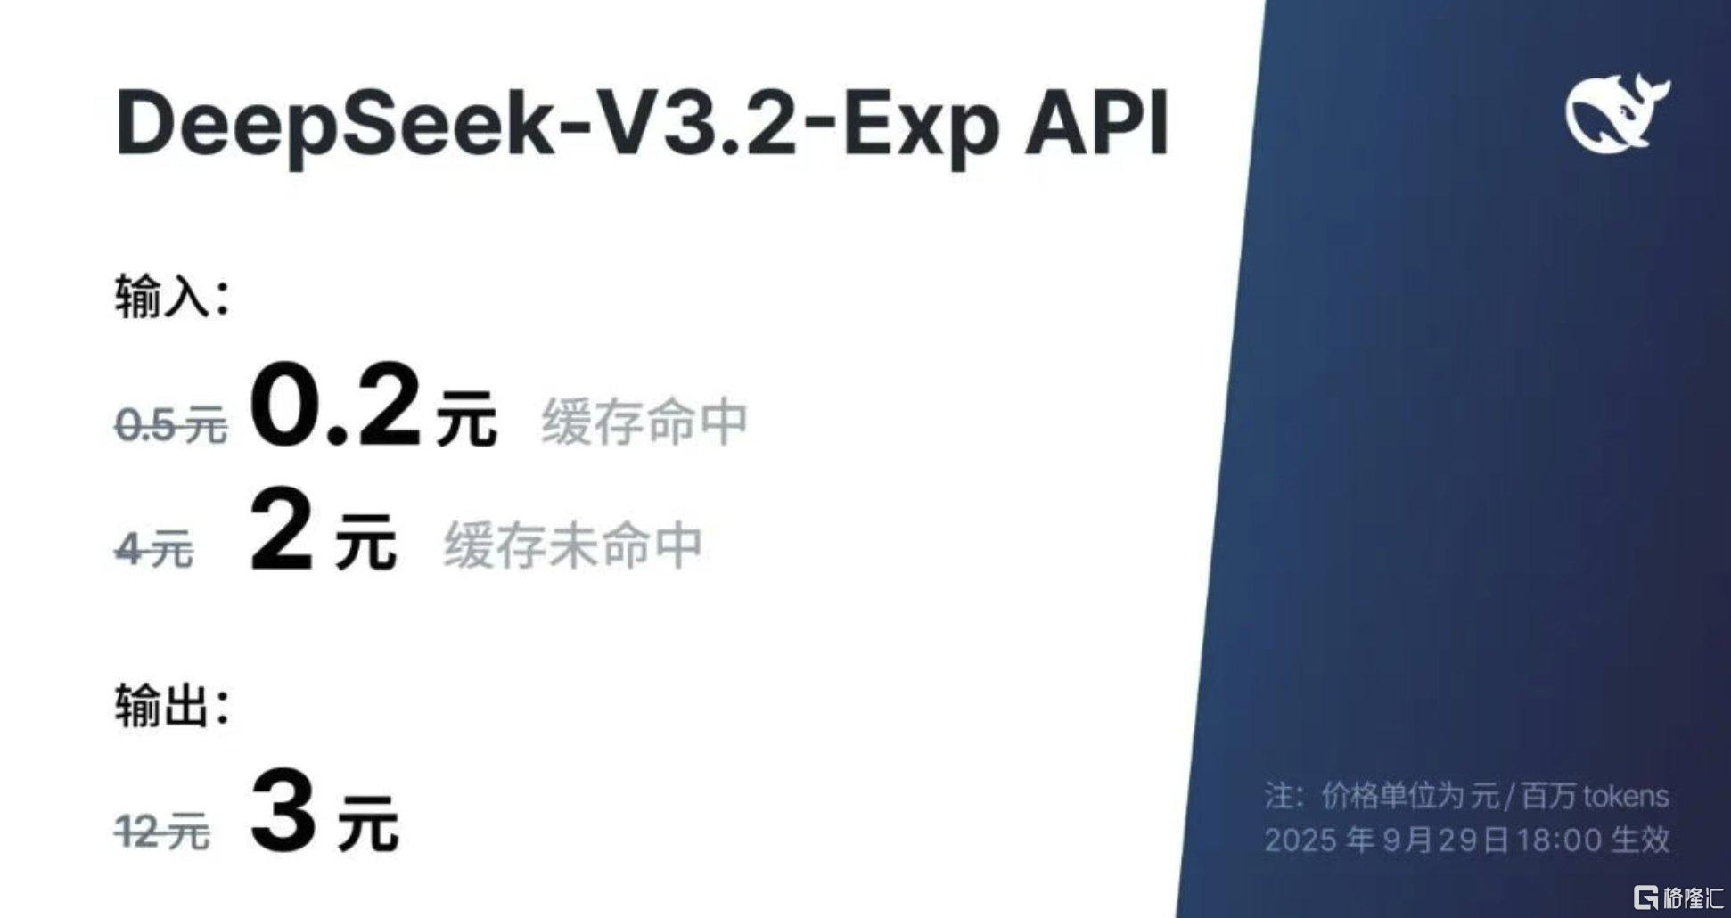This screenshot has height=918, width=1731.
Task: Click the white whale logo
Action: [1617, 113]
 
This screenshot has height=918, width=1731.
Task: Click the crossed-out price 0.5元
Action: [171, 425]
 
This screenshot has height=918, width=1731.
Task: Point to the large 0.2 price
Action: [334, 406]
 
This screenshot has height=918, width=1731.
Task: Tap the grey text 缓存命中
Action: [644, 422]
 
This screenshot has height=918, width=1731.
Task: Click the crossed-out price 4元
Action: [154, 548]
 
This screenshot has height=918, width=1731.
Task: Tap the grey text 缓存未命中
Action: [573, 545]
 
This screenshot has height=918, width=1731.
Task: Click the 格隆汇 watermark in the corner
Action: [1678, 897]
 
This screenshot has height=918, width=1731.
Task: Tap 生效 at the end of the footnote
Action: [1642, 840]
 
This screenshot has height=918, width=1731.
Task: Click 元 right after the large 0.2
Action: [466, 418]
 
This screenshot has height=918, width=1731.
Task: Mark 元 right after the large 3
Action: [367, 824]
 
